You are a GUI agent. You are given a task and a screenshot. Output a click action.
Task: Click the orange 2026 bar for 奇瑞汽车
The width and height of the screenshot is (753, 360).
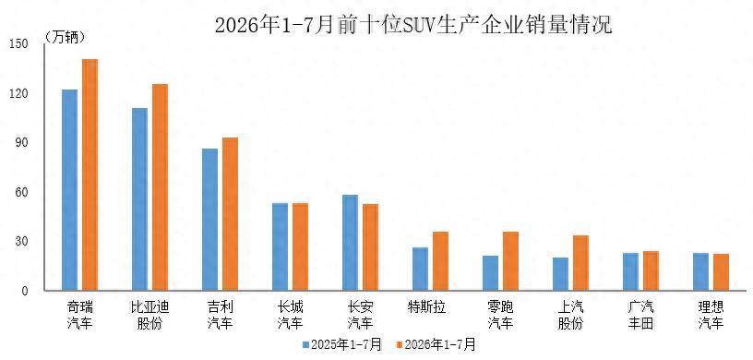coord(90,175)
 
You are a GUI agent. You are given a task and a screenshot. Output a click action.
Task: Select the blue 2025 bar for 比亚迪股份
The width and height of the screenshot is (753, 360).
coord(139,199)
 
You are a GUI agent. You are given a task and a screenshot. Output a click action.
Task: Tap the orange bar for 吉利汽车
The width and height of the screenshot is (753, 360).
coord(230,214)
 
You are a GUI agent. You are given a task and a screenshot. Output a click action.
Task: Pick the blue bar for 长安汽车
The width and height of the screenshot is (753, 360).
coord(350,243)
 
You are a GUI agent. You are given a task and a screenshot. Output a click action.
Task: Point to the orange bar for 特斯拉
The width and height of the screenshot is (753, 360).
coord(440,261)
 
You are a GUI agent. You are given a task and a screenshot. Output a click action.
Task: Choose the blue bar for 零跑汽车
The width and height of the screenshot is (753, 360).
coord(490,273)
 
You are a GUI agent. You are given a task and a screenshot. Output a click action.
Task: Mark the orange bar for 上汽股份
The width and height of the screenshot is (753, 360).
coord(580,263)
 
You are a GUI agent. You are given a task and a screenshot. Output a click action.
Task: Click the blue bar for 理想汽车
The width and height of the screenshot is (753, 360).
coord(700,272)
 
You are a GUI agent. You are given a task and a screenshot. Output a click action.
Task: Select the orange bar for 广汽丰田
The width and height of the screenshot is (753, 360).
coord(651,271)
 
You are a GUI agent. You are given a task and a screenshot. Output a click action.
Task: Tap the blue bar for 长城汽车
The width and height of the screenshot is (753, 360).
coord(280,247)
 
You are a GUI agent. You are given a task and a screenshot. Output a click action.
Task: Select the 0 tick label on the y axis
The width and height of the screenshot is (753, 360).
coord(26,291)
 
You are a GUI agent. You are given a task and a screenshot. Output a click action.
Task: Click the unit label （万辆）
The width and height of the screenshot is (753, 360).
coord(66,37)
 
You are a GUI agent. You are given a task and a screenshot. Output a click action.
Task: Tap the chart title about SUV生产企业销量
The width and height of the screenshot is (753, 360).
coord(413,25)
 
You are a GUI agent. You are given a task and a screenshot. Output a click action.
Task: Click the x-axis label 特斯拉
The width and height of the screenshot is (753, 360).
coord(426,306)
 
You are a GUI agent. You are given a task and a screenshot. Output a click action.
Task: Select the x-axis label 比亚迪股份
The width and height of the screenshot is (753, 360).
coord(149,315)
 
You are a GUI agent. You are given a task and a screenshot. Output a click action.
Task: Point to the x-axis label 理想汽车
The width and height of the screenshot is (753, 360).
coord(711,315)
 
